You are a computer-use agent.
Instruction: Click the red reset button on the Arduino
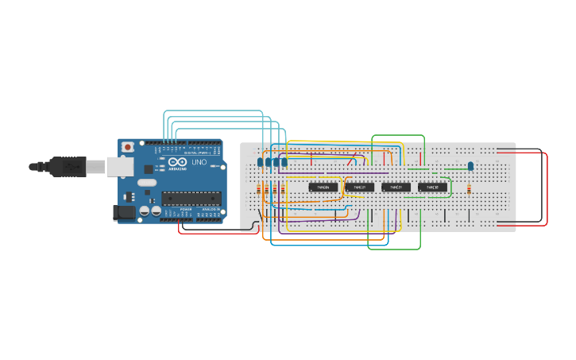click(127, 147)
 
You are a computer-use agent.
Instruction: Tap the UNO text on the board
click(199, 162)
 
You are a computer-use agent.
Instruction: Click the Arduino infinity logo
click(177, 162)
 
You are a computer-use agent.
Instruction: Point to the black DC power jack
click(124, 212)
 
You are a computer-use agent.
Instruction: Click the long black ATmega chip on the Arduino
click(190, 198)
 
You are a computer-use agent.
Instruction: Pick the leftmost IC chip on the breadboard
click(323, 188)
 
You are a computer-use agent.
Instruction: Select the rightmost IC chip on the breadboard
click(433, 188)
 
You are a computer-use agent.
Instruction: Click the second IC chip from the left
click(360, 188)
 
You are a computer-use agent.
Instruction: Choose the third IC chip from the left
click(396, 188)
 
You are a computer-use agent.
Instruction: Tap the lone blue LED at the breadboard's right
click(470, 165)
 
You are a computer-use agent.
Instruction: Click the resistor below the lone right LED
click(469, 189)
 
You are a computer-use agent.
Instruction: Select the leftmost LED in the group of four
click(261, 162)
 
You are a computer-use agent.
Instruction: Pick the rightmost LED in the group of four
click(284, 162)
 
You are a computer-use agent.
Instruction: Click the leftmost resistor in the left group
click(260, 190)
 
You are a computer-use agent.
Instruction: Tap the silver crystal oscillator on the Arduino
click(147, 182)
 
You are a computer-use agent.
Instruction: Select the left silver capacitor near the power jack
click(145, 211)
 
